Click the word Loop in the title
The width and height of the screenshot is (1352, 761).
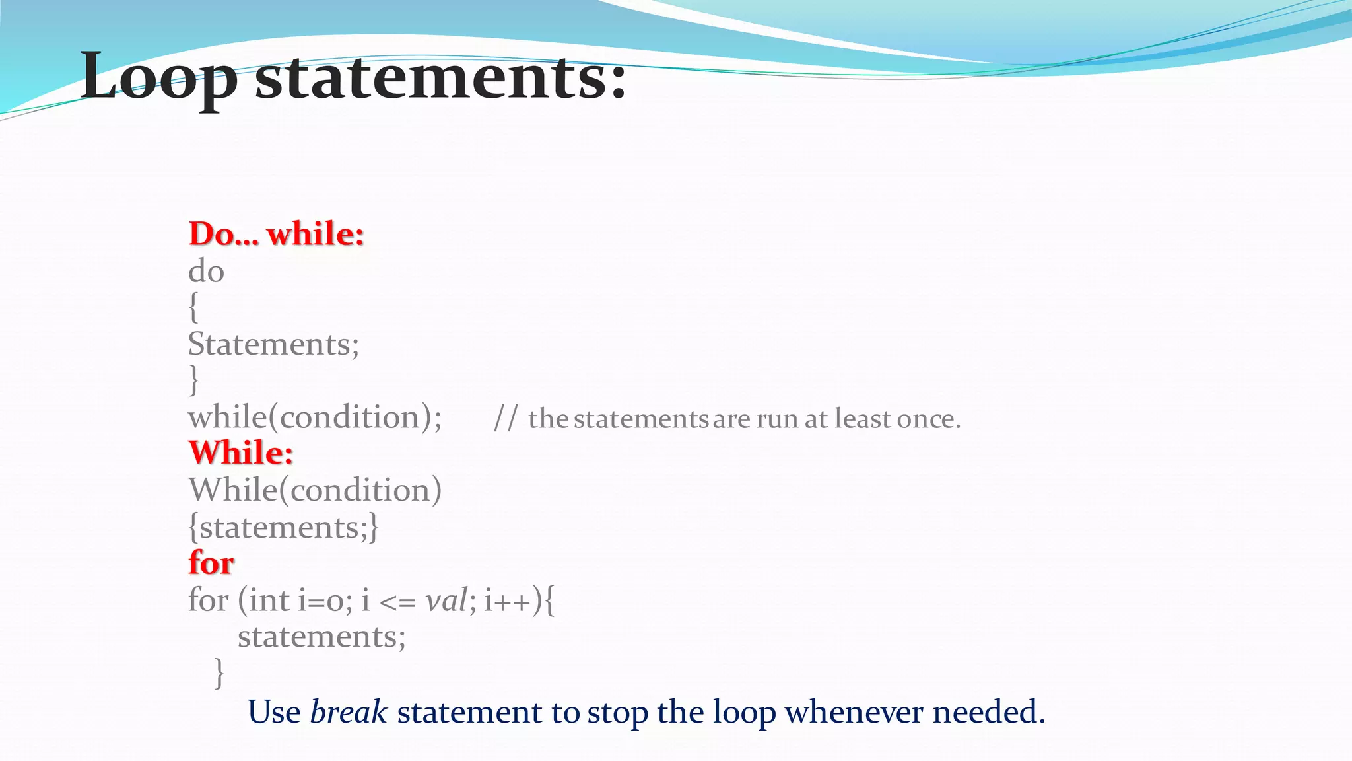pyautogui.click(x=158, y=78)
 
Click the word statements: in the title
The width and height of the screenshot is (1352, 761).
pyautogui.click(x=440, y=78)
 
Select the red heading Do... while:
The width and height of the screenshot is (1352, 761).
pyautogui.click(x=276, y=234)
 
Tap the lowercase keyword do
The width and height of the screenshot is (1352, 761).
pyautogui.click(x=206, y=272)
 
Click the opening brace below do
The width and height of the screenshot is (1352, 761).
pyautogui.click(x=193, y=308)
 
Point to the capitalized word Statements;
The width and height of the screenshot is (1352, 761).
pyautogui.click(x=273, y=344)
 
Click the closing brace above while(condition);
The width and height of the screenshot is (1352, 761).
pyautogui.click(x=193, y=380)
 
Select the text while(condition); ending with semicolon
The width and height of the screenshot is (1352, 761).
pyautogui.click(x=315, y=417)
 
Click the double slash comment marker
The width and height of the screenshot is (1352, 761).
pyautogui.click(x=506, y=419)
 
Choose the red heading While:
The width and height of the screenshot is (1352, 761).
pyautogui.click(x=241, y=453)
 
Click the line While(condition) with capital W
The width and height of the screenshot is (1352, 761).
pyautogui.click(x=315, y=490)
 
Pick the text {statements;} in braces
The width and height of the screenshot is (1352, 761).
pyautogui.click(x=284, y=527)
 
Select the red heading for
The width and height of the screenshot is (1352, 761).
pyautogui.click(x=211, y=563)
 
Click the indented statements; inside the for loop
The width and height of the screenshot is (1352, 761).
pyautogui.click(x=321, y=637)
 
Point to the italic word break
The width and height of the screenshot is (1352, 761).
pyautogui.click(x=349, y=712)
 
